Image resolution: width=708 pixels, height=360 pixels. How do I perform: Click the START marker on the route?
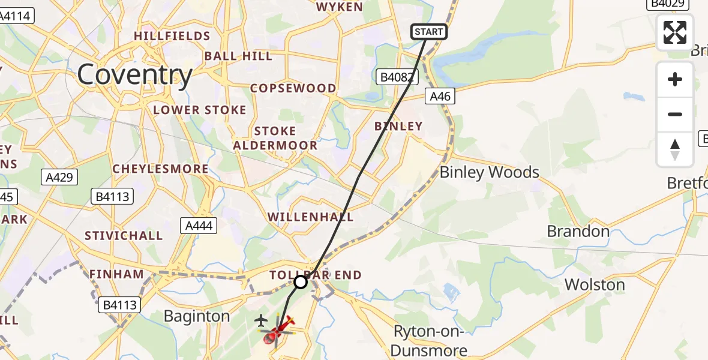pos(429,32)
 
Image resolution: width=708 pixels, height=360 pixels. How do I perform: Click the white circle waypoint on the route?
pos(301,281)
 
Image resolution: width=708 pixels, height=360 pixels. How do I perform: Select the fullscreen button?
pos(675,32)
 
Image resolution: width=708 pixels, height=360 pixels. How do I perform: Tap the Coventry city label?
pos(134,75)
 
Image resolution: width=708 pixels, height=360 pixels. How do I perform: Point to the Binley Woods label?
pos(490,173)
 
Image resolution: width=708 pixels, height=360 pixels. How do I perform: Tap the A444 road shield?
pos(199,226)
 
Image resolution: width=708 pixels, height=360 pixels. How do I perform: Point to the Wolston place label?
pos(595,284)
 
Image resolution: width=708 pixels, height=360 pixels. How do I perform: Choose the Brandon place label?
pos(578,231)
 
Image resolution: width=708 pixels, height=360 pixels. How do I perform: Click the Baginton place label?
pos(197,316)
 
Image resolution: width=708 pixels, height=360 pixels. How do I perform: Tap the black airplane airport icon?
pos(261,320)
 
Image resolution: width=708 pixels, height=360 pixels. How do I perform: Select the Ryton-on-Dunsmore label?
pos(430,340)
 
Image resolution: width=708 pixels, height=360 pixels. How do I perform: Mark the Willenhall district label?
pos(310,217)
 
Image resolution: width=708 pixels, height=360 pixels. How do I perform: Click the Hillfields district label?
pos(172,36)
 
